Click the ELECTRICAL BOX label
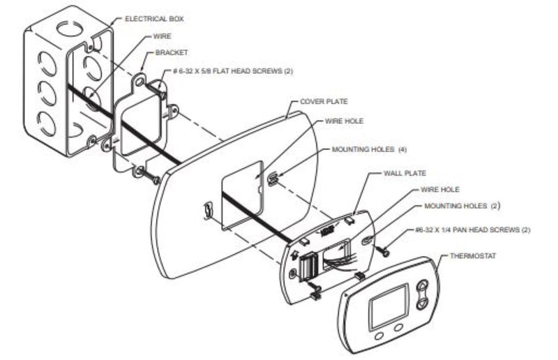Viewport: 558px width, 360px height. click(x=154, y=19)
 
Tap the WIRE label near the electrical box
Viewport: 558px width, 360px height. click(x=162, y=36)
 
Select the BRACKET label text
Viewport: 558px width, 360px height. click(x=172, y=52)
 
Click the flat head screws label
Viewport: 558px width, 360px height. click(x=233, y=71)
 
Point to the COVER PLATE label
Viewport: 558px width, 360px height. click(x=324, y=101)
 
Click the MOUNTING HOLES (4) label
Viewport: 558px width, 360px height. click(x=369, y=149)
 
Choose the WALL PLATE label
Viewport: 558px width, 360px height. click(x=405, y=174)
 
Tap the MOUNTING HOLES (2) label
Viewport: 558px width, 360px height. click(x=462, y=206)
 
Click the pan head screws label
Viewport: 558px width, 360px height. click(x=473, y=230)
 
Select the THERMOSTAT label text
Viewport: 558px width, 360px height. click(x=473, y=255)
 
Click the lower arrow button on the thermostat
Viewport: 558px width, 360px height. click(x=422, y=303)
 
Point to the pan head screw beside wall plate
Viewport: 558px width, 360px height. click(x=384, y=251)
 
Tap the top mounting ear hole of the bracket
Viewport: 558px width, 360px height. click(x=139, y=82)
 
